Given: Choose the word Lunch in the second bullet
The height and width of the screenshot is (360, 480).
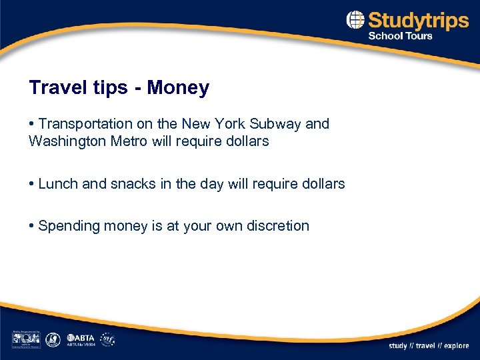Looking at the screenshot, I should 59,183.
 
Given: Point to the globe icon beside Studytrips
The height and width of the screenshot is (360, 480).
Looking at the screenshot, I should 355,20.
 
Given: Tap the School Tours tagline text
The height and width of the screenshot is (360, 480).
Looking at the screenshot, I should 400,36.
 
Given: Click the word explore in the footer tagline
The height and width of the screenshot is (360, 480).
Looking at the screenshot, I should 455,346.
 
